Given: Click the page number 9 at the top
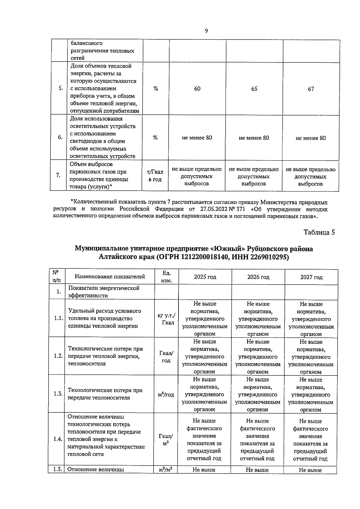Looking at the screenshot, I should [206, 31].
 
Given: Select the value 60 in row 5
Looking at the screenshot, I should [197, 89].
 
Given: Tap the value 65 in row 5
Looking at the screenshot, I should [254, 89].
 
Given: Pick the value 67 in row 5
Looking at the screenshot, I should [311, 89].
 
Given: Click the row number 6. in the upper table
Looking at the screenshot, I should [60, 137].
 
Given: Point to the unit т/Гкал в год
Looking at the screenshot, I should [155, 176].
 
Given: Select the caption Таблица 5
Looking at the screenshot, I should [319, 232].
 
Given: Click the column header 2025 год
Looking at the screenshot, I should [205, 277].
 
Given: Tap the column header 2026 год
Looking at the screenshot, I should [258, 277].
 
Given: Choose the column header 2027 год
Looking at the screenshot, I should [311, 277].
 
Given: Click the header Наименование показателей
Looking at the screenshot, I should [110, 277].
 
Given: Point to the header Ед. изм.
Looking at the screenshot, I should [166, 277].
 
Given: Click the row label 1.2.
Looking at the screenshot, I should [58, 356].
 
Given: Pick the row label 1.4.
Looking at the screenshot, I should [58, 439].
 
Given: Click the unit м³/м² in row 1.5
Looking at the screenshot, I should [165, 470].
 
